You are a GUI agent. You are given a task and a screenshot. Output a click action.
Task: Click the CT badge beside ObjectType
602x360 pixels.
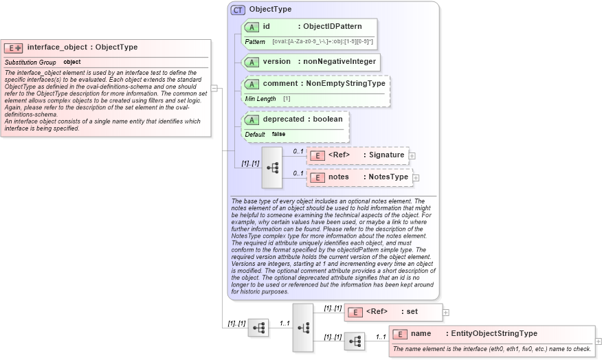238,10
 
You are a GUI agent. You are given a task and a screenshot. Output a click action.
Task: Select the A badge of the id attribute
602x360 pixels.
252,27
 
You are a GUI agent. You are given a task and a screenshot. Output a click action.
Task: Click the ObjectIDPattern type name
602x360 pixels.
337,27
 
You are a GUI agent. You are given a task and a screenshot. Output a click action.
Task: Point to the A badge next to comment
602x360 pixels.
252,84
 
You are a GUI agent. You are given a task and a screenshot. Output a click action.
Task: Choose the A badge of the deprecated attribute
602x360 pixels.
252,120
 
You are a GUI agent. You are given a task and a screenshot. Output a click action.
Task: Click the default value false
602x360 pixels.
278,134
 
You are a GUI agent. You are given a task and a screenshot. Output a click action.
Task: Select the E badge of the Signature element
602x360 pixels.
317,155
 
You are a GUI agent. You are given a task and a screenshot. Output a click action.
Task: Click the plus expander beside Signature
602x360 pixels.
412,156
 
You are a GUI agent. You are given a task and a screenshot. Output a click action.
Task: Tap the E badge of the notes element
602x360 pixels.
317,177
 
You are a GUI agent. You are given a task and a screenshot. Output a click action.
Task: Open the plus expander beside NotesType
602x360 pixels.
416,178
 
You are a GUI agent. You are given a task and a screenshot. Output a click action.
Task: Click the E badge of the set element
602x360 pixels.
355,312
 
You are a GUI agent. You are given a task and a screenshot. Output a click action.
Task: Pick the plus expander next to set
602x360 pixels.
446,313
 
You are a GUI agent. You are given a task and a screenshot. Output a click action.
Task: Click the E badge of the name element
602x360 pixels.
399,334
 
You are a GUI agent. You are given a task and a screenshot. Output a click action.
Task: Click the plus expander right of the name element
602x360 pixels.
599,341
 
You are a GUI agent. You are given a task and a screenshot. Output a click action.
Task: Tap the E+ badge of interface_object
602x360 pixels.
13,48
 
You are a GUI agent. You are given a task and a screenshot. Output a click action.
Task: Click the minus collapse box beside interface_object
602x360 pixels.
214,88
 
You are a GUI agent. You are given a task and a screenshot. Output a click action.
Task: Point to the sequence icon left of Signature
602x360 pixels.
271,167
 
